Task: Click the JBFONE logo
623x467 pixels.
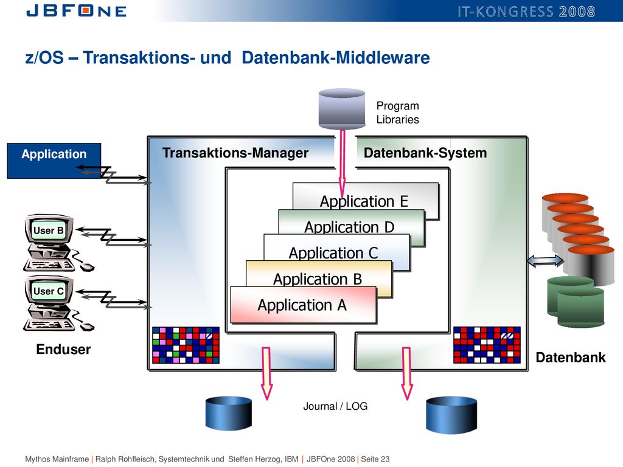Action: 76,10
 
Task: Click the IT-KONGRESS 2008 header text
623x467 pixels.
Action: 526,12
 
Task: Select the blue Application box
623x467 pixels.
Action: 54,161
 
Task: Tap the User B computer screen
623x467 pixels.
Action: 49,230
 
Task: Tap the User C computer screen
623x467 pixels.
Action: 49,291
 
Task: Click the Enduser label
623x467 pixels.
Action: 63,349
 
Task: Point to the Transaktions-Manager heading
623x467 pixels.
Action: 235,153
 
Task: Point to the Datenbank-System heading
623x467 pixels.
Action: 425,153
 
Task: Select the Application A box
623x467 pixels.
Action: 303,305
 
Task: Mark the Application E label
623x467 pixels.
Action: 364,201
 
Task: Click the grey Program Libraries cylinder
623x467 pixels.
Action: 342,109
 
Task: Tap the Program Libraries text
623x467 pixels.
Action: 398,112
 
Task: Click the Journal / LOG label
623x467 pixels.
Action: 335,406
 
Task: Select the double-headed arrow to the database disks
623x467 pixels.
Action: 545,260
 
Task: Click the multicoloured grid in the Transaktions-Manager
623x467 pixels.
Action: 186,345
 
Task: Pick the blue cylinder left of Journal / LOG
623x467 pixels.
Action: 229,413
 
